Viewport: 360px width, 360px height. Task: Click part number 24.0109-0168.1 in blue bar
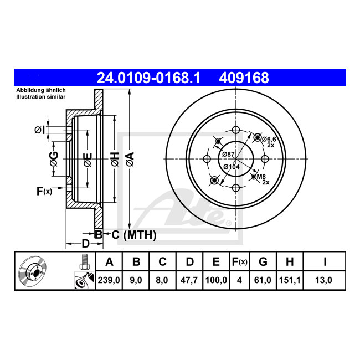pos(149,78)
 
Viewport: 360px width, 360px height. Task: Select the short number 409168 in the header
pos(244,78)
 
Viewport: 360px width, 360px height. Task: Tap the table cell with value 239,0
pos(109,280)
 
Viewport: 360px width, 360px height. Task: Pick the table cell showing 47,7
pos(189,280)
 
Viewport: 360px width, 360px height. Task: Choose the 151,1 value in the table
pos(290,280)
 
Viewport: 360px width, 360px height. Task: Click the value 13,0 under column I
pos(323,280)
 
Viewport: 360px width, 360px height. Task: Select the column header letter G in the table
pos(263,262)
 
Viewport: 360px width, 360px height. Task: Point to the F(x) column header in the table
pos(239,262)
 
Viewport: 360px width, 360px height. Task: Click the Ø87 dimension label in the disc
pos(228,155)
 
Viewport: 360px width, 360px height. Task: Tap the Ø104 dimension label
pos(232,167)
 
